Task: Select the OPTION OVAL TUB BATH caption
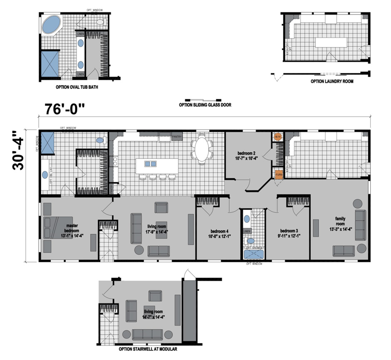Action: [x=77, y=88]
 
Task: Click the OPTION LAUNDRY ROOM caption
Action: [x=332, y=81]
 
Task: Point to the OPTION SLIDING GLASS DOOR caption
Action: [x=205, y=105]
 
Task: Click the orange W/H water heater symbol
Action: [x=277, y=136]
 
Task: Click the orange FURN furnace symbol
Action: [x=278, y=174]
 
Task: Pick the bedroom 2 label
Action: [x=246, y=155]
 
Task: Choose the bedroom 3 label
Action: [x=289, y=234]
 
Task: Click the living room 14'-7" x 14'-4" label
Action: [x=154, y=314]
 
